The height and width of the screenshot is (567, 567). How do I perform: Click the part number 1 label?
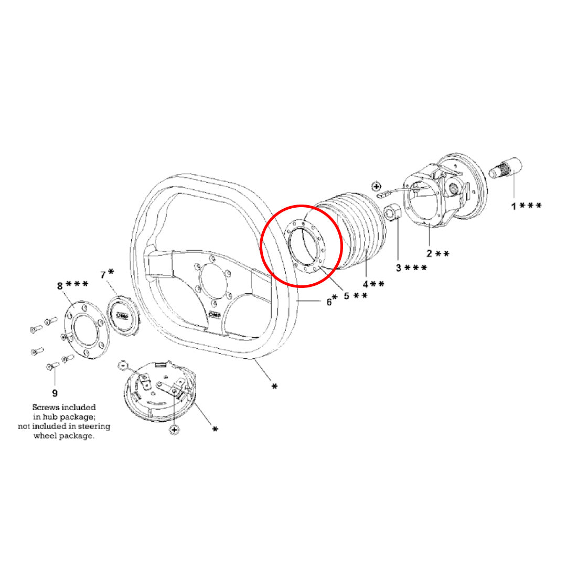pos(515,206)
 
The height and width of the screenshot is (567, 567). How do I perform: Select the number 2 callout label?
pos(429,254)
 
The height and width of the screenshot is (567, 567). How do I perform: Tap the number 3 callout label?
pos(399,268)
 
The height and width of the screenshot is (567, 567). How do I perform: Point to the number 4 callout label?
pos(366,284)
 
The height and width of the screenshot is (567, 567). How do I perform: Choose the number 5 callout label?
pos(346,296)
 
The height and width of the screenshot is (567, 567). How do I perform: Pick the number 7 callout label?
pos(103,275)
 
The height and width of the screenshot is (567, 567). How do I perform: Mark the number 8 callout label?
pos(60,286)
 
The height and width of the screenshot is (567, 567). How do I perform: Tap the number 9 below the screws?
pos(55,392)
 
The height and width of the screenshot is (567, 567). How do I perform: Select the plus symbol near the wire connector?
pos(376,186)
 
